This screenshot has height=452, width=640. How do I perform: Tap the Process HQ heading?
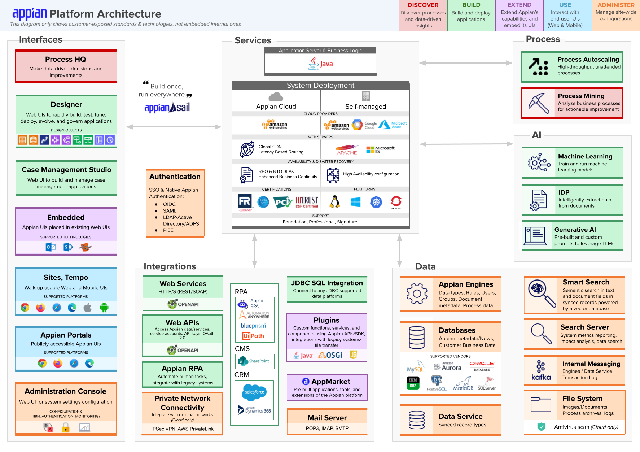coord(66,59)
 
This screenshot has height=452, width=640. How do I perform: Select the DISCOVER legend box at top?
coord(423,16)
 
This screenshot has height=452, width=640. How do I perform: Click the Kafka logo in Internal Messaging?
coord(541,370)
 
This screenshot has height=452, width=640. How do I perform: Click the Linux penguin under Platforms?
coord(335,202)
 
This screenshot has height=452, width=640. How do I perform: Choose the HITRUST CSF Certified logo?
coord(307,202)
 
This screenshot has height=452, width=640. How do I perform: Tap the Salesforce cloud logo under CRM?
coord(254,392)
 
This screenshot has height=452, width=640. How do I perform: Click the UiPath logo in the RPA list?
coord(253,336)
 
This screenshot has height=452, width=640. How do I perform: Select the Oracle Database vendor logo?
coord(482,366)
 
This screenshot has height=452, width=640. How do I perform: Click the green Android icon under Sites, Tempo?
coord(104,308)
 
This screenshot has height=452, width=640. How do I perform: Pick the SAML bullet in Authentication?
coord(170,211)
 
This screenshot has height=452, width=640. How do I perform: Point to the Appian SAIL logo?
coord(167,107)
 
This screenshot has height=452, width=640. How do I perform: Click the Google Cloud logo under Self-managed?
coord(364,125)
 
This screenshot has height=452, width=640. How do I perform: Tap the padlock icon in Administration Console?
coord(66,428)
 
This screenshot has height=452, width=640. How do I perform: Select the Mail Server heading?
coord(327,418)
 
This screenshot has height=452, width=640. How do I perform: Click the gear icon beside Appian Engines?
coord(417,294)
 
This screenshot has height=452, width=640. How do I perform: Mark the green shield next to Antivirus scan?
coord(541,427)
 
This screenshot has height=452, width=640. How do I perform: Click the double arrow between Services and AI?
coord(466,144)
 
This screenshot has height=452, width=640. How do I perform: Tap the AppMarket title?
coord(330,382)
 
